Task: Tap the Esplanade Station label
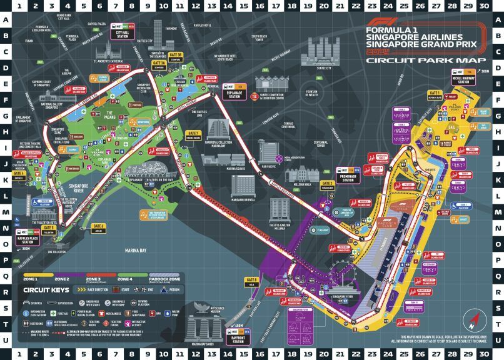(x=234, y=95)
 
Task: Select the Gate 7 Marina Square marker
(x=196, y=134)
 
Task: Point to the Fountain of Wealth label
(x=312, y=94)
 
